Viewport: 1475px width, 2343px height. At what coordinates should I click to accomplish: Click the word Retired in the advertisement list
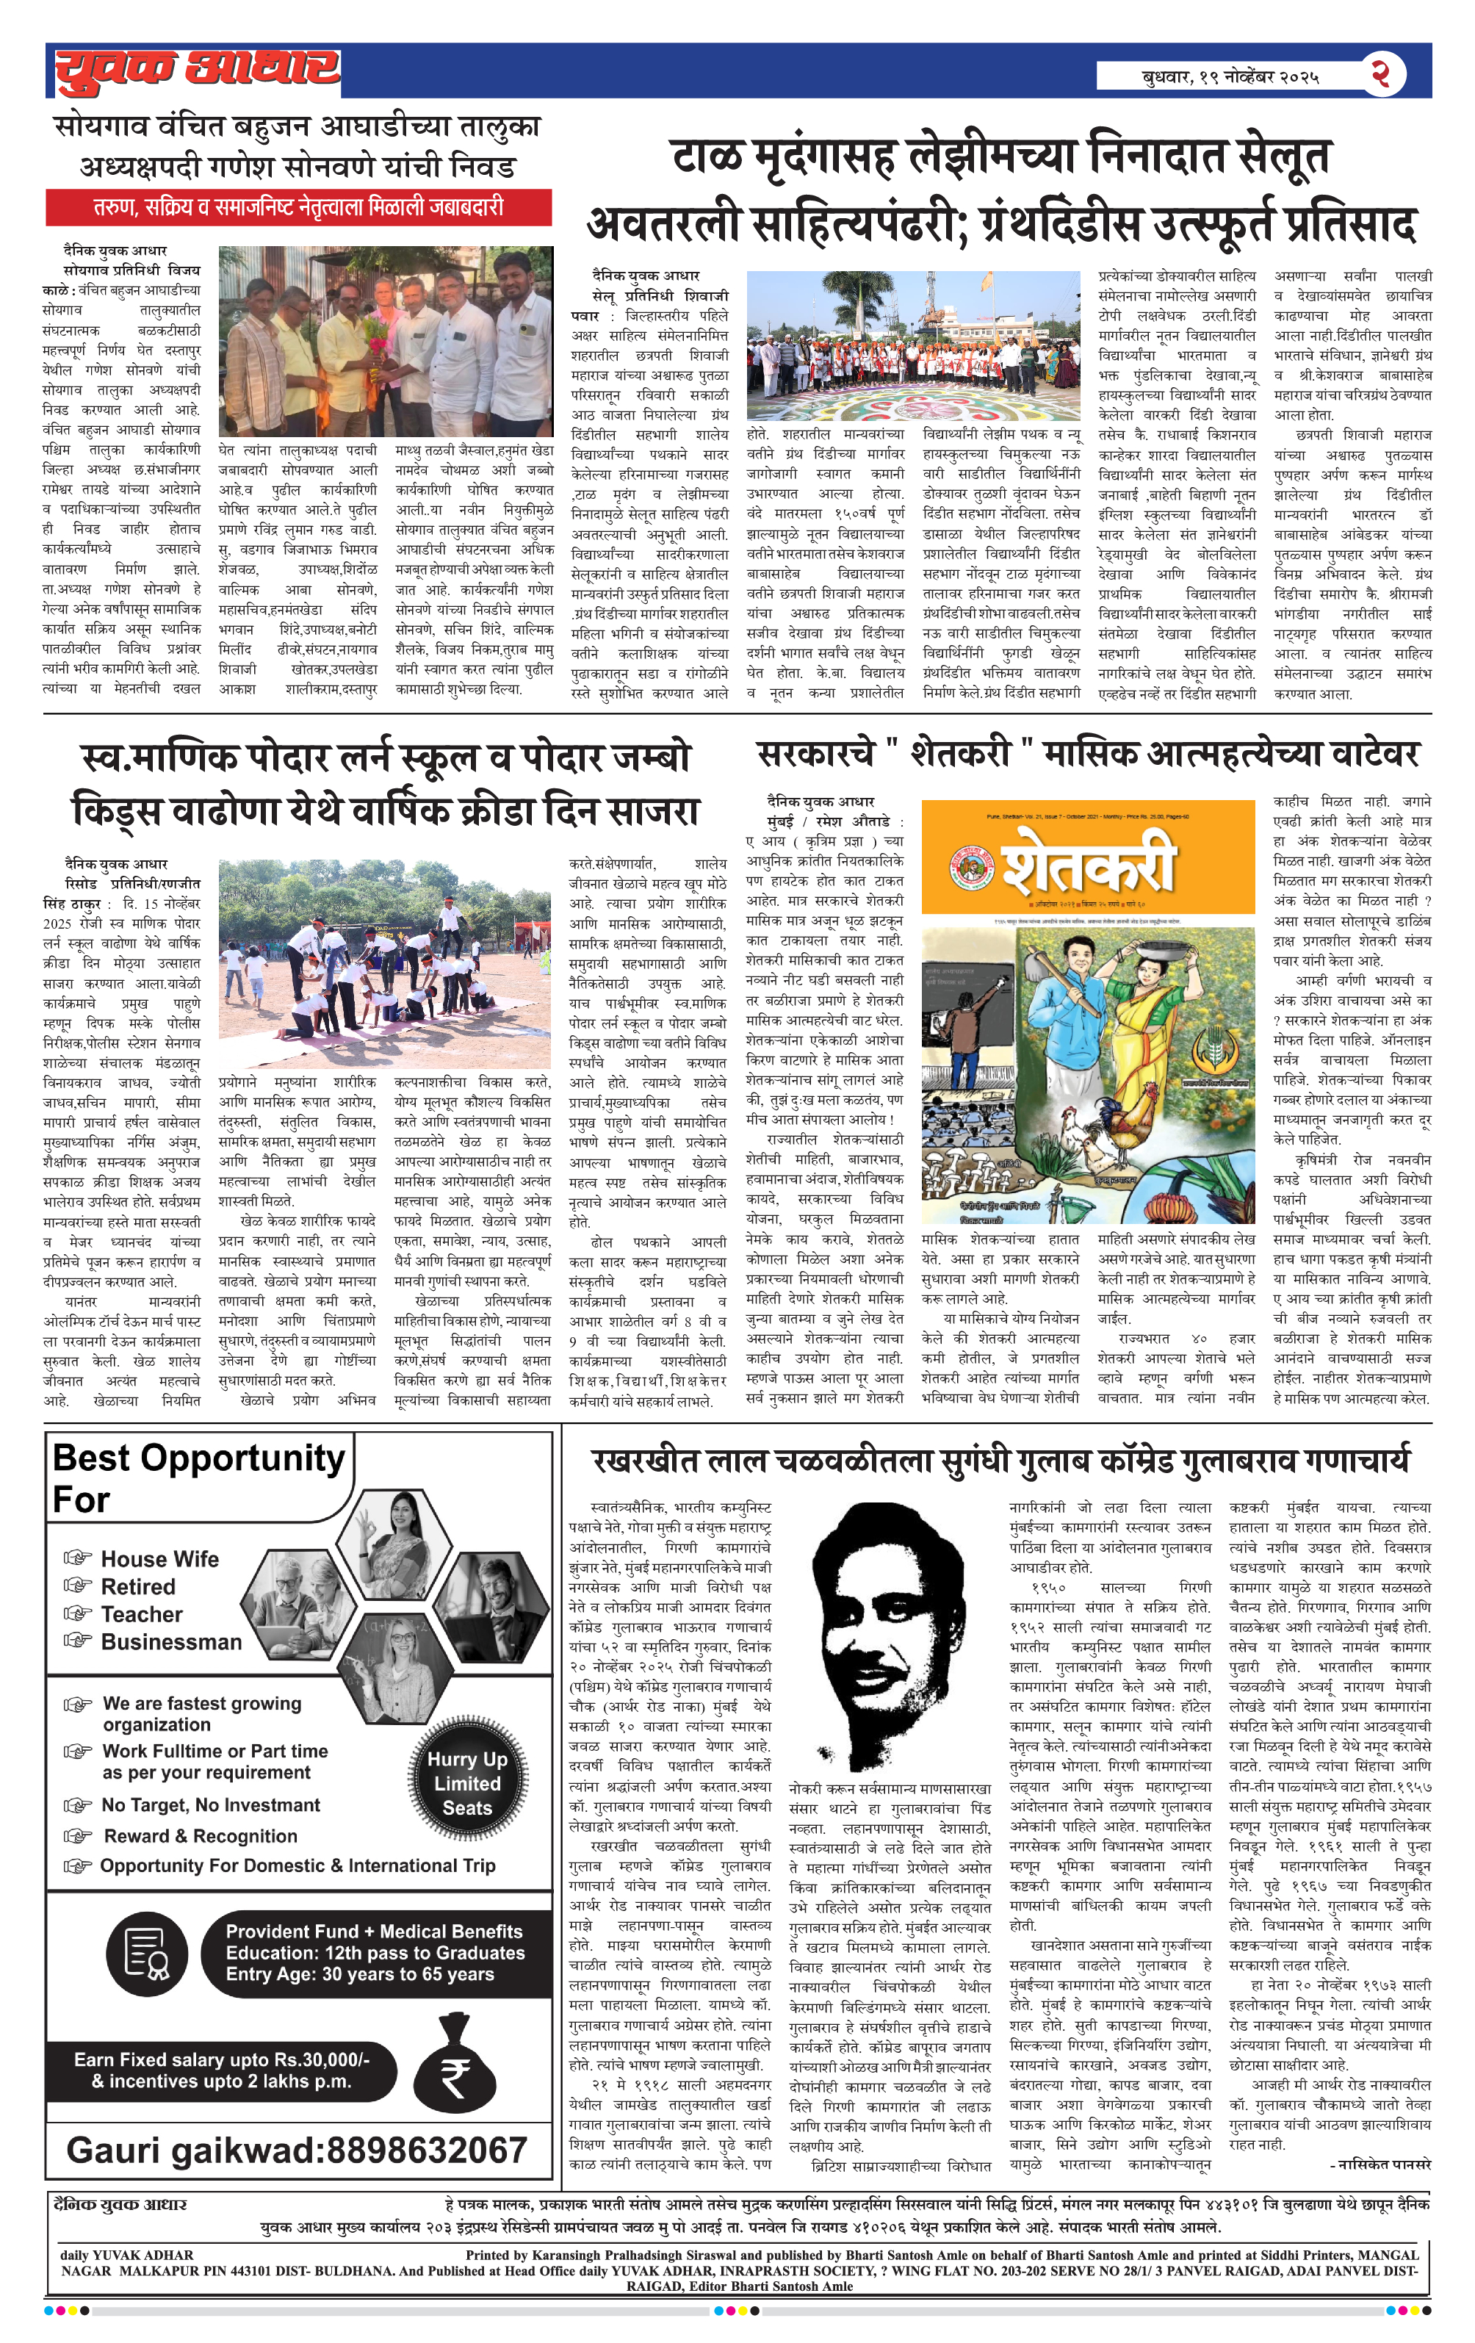pos(138,1587)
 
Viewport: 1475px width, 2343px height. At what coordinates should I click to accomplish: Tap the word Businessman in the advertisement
pos(171,1641)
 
